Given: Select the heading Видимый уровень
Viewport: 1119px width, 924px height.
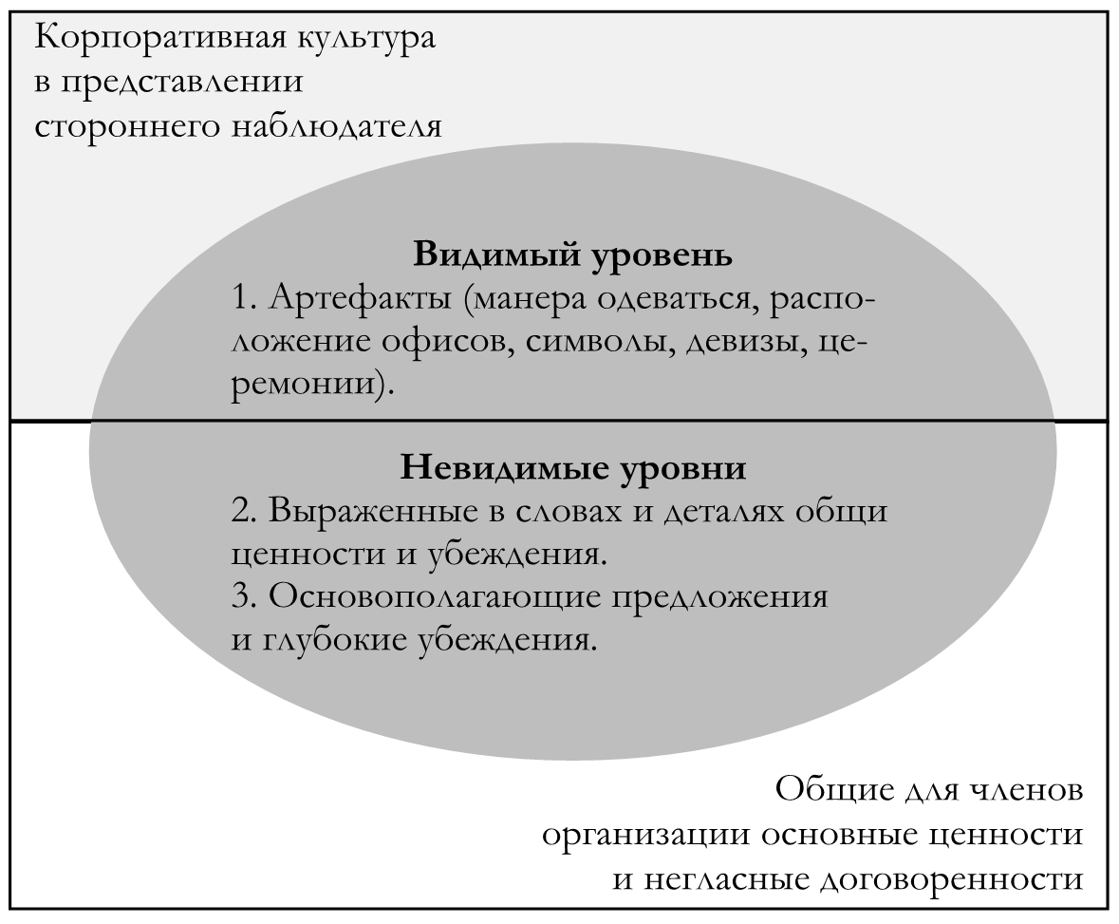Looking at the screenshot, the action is click(573, 255).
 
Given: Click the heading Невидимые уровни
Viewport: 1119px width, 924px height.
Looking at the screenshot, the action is click(573, 468).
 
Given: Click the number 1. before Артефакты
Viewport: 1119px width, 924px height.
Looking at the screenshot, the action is click(244, 298).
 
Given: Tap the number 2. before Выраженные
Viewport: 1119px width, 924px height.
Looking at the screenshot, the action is click(245, 511).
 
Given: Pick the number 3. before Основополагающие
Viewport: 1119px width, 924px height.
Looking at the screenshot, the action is click(245, 597).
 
